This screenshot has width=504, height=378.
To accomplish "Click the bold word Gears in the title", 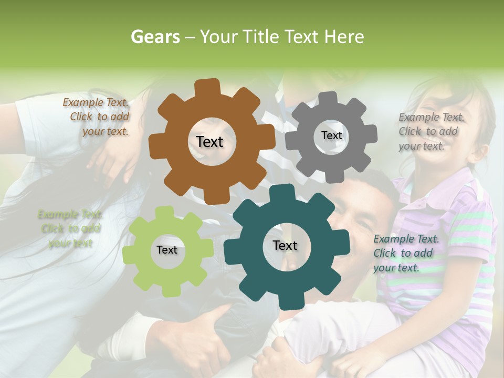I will click(x=155, y=37).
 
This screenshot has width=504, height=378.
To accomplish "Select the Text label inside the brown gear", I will click(x=209, y=142).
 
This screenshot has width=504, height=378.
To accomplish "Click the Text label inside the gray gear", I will click(x=331, y=135).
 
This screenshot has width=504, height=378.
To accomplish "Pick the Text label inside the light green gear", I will click(x=167, y=250).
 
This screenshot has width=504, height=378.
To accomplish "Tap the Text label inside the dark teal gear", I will click(x=285, y=245).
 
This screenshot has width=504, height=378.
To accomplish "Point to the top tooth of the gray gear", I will click(x=328, y=99).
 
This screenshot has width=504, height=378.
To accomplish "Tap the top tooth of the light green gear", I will click(x=164, y=213).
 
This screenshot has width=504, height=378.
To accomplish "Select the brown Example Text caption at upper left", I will click(x=97, y=117).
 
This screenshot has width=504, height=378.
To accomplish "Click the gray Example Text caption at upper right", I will click(x=430, y=131).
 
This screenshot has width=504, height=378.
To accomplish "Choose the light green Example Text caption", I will click(x=70, y=228).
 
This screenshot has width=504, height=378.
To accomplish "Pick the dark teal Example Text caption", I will click(x=405, y=253).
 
